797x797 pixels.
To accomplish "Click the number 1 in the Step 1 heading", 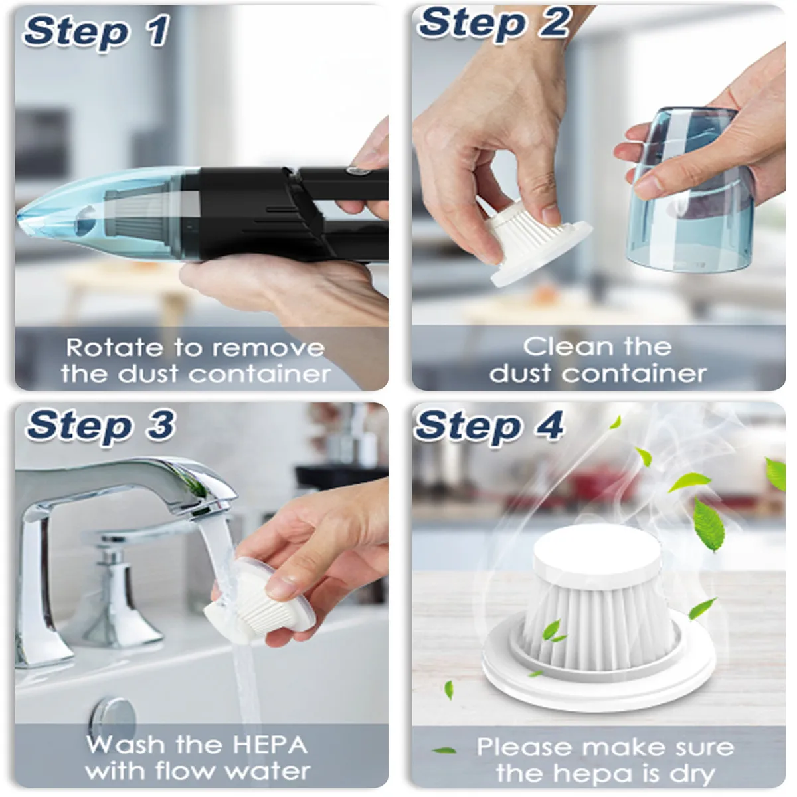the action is click(159, 30).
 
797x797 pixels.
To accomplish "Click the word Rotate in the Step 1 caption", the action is click(114, 347).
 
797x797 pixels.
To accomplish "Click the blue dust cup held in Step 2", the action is click(691, 189).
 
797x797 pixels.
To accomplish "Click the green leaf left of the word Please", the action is click(444, 751).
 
